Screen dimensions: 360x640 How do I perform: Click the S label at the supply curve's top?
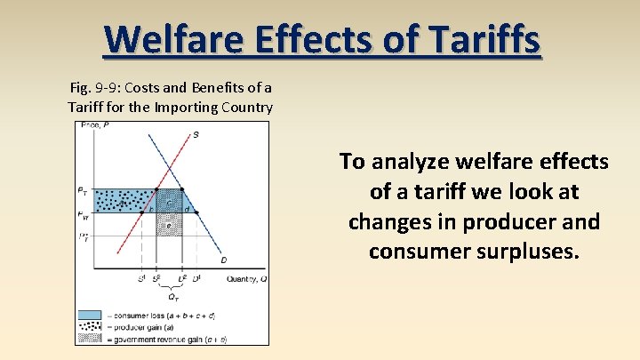click(196, 134)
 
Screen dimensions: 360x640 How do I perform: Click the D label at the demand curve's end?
click(223, 260)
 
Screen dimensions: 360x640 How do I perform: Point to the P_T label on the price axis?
click(83, 190)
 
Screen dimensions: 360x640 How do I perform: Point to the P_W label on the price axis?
click(83, 213)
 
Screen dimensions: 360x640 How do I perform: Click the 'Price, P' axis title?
click(92, 125)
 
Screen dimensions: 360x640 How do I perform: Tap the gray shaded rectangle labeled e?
click(169, 225)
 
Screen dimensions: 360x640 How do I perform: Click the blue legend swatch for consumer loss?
click(89, 315)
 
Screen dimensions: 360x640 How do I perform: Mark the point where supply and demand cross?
click(169, 169)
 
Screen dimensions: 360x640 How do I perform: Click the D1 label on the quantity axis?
click(196, 279)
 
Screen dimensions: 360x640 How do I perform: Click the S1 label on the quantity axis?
click(140, 279)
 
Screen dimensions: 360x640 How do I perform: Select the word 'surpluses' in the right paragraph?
click(525, 252)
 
